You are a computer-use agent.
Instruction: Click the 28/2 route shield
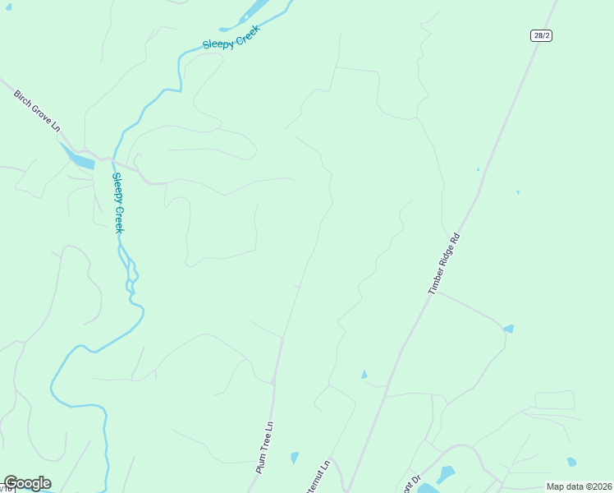pyautogui.click(x=540, y=35)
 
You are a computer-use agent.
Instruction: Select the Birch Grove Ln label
pyautogui.click(x=37, y=111)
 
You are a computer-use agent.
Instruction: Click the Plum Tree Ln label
pyautogui.click(x=264, y=449)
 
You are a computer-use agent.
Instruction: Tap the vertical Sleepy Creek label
pyautogui.click(x=118, y=202)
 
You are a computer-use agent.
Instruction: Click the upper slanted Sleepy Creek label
pyautogui.click(x=231, y=38)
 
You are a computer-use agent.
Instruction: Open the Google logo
pyautogui.click(x=27, y=483)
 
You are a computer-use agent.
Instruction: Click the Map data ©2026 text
pyautogui.click(x=579, y=486)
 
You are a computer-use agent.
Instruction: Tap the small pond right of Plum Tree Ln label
pyautogui.click(x=295, y=458)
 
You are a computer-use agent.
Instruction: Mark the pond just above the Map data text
pyautogui.click(x=571, y=462)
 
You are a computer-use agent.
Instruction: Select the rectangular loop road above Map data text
pyautogui.click(x=554, y=400)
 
